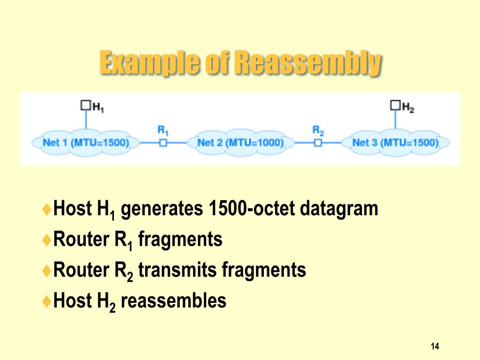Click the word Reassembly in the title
307,63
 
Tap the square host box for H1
85,105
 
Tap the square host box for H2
395,105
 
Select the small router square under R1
163,142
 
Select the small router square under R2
318,142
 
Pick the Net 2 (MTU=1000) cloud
240,142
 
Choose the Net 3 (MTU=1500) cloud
395,142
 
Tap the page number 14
435,346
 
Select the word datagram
339,209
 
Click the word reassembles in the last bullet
173,300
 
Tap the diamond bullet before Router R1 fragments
46,240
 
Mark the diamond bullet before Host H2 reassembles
46,301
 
